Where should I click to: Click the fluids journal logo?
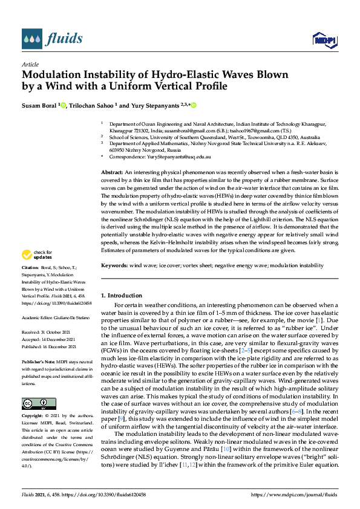point(52,40)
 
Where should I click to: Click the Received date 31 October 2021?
point(52,332)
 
